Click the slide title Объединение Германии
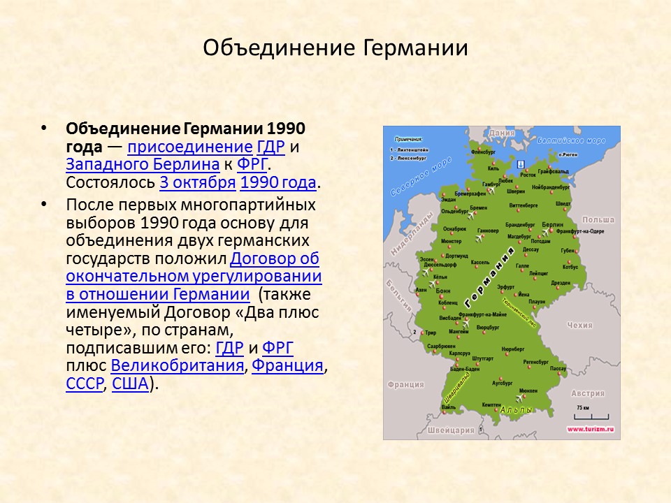tap(335, 48)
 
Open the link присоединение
tap(189, 147)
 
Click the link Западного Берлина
tap(143, 165)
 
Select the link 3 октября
tap(198, 183)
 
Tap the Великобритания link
tap(178, 365)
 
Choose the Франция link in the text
tap(287, 365)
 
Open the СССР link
tap(84, 384)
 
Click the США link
tap(130, 384)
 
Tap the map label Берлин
tap(552, 224)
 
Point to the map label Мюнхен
tap(528, 391)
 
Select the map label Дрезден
tap(561, 283)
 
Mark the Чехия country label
tap(580, 326)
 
